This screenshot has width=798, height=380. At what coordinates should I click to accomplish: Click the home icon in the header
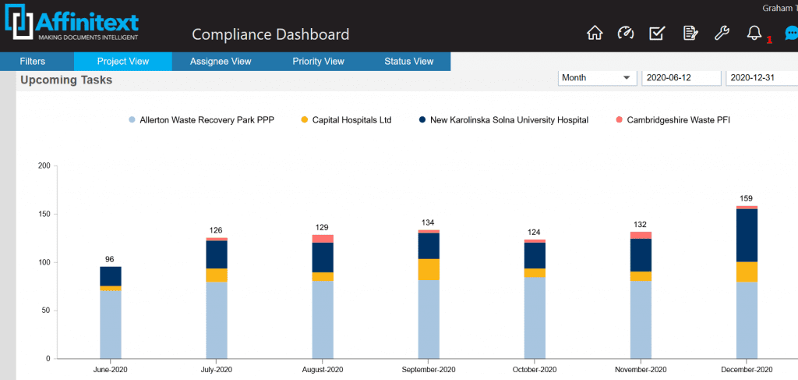(595, 33)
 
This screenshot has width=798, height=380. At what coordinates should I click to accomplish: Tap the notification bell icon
(754, 33)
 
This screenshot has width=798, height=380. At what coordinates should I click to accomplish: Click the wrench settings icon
(722, 33)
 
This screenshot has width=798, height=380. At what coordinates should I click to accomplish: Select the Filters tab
(33, 62)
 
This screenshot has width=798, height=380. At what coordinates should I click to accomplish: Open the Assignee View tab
(221, 62)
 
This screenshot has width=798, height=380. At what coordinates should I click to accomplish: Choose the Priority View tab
(318, 62)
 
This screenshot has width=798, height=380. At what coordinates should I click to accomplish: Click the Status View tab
(408, 62)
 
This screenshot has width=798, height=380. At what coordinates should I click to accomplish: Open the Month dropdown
(597, 78)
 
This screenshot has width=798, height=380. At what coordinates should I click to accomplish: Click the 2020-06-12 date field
(680, 78)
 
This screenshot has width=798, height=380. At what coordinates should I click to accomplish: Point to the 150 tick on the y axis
(44, 214)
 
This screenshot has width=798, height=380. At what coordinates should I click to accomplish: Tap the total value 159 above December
(747, 198)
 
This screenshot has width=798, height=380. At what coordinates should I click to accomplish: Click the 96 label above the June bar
(111, 259)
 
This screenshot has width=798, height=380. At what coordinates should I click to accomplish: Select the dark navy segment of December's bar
(747, 235)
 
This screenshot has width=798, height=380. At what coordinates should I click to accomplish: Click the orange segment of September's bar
(429, 269)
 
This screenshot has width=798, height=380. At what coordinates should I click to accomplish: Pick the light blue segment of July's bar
(217, 320)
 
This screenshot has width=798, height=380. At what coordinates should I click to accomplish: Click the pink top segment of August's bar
(323, 239)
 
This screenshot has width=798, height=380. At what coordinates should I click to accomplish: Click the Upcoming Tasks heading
(66, 80)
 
